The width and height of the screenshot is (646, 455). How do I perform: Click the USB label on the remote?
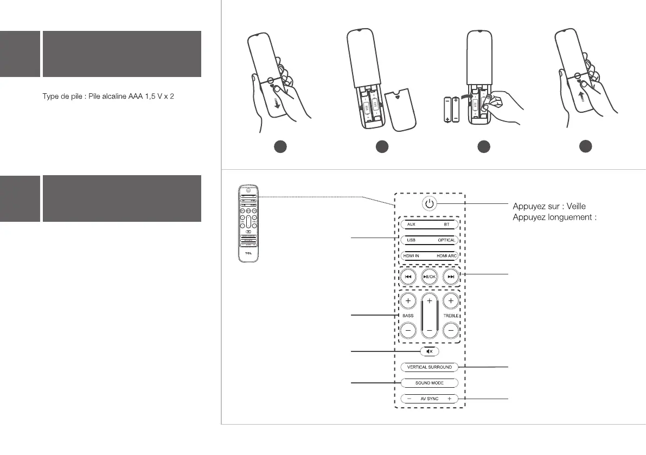click(411, 240)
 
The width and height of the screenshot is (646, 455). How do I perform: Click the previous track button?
click(408, 277)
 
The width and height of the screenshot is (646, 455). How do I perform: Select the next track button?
click(451, 277)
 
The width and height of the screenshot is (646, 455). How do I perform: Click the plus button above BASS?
click(408, 300)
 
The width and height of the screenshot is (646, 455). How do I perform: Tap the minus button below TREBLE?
click(451, 329)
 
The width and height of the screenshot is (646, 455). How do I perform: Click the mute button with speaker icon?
click(429, 351)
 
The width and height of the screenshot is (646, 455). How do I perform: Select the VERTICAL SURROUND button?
click(429, 367)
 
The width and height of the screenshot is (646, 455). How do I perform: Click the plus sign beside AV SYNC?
click(450, 399)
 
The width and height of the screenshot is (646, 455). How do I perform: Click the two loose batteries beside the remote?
click(451, 110)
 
